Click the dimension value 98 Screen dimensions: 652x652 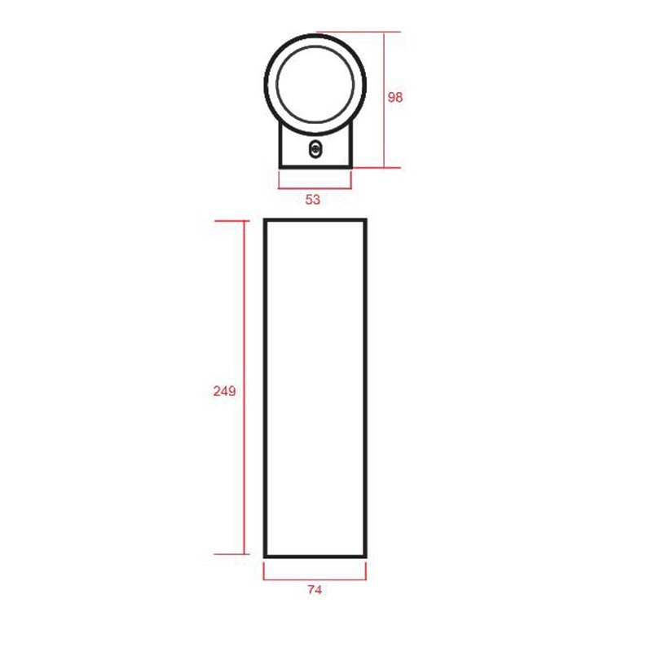pyautogui.click(x=395, y=97)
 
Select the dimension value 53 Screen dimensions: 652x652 pyautogui.click(x=313, y=200)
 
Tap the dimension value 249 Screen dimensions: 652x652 pyautogui.click(x=224, y=390)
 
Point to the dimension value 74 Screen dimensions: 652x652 pyautogui.click(x=315, y=590)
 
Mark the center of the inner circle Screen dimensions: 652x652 pyautogui.click(x=315, y=84)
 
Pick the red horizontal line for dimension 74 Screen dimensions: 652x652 pyautogui.click(x=315, y=579)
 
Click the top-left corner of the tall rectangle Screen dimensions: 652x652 pyautogui.click(x=266, y=220)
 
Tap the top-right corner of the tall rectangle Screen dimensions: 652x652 pyautogui.click(x=365, y=220)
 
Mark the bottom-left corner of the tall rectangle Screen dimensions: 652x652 pyautogui.click(x=266, y=557)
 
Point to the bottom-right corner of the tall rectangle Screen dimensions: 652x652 pyautogui.click(x=365, y=557)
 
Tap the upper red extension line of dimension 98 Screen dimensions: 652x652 pyautogui.click(x=359, y=32)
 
